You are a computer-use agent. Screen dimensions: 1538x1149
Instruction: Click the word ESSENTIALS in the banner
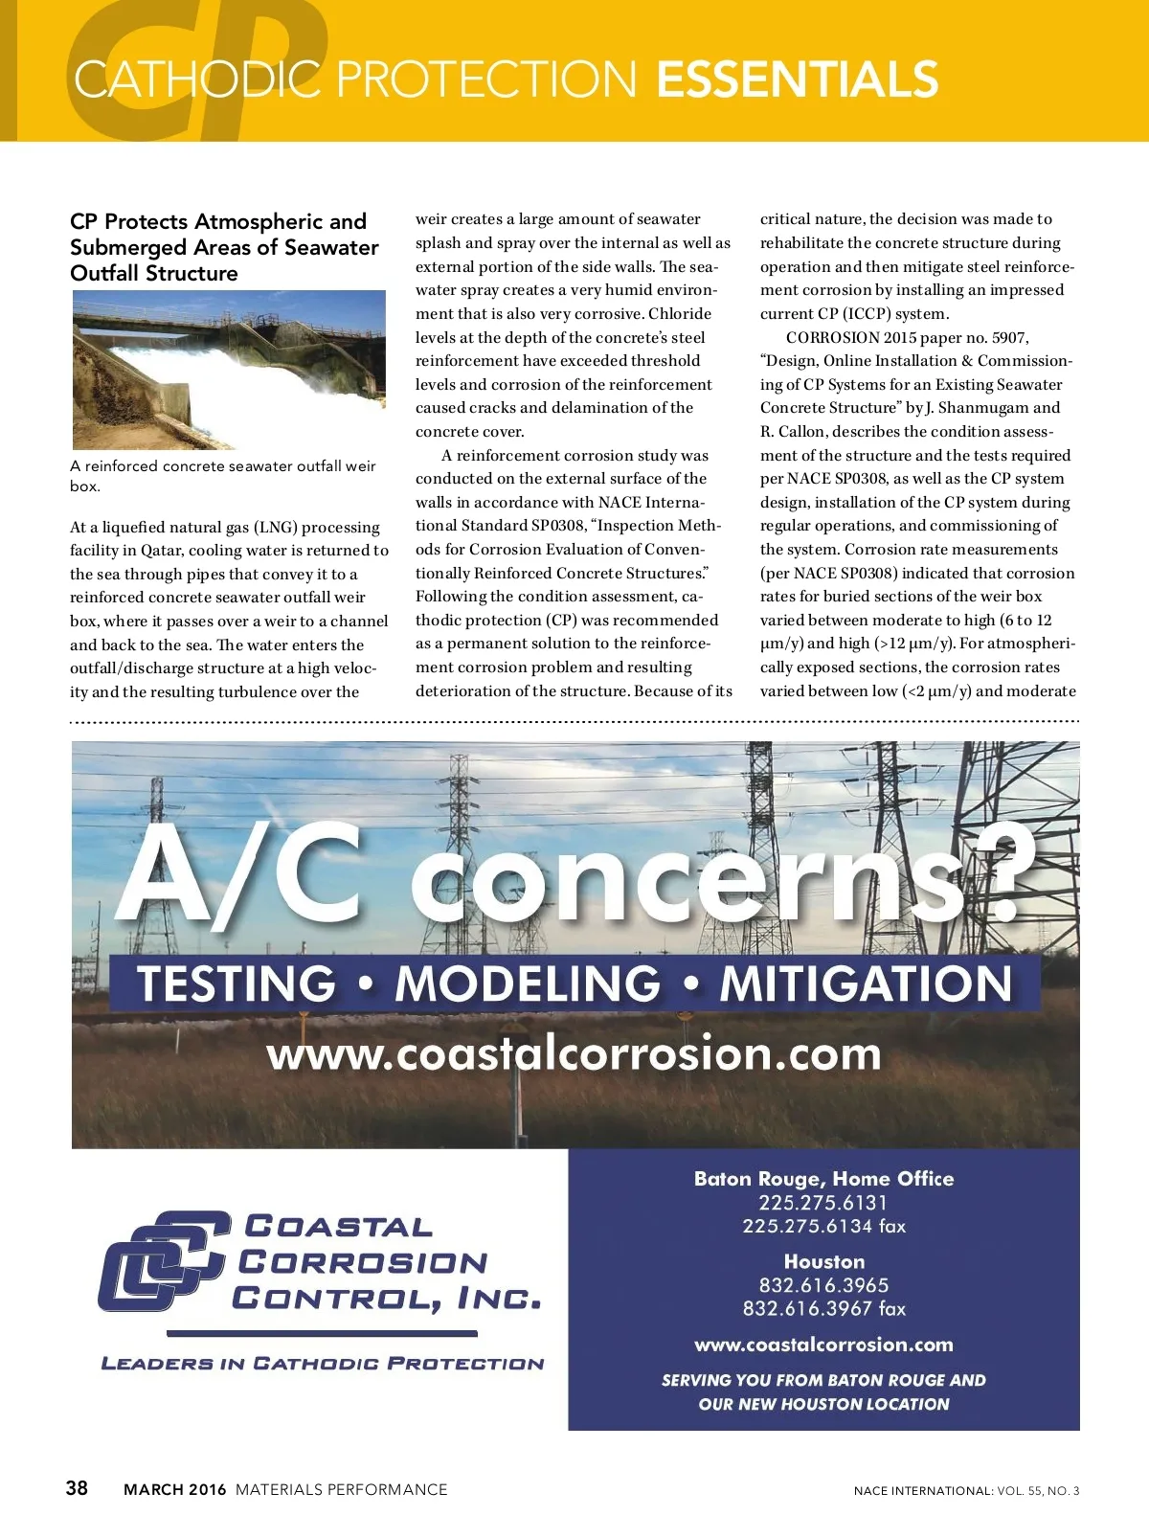click(797, 79)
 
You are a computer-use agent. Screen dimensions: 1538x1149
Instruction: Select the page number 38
click(77, 1487)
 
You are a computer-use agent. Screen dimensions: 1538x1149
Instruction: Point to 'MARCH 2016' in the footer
click(175, 1489)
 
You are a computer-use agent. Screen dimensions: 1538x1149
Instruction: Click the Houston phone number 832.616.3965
click(823, 1285)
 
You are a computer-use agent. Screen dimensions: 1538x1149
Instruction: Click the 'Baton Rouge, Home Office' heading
click(823, 1179)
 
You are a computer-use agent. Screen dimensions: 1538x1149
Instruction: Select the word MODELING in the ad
click(528, 984)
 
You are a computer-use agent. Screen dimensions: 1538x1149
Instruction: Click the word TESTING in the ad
click(237, 984)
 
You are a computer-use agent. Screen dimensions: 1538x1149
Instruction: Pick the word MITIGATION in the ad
click(866, 984)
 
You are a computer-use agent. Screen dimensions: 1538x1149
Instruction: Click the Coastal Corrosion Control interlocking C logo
click(164, 1260)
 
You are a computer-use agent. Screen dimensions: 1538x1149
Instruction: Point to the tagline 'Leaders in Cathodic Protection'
click(323, 1364)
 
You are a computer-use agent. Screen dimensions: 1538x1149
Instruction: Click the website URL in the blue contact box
click(823, 1345)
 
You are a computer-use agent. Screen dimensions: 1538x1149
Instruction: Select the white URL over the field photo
click(574, 1053)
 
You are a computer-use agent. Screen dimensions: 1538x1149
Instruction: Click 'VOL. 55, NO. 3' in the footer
click(1038, 1490)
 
